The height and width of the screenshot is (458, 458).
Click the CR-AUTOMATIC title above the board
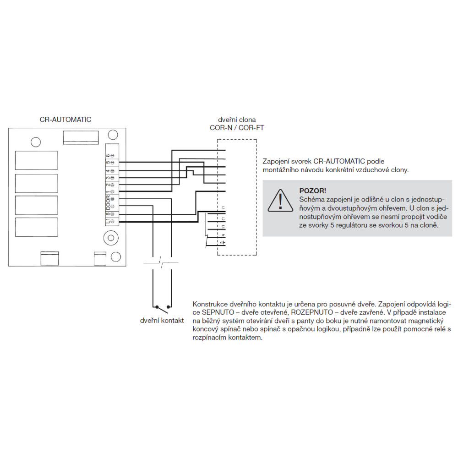click(65, 120)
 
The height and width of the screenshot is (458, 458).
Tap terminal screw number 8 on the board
click(112, 156)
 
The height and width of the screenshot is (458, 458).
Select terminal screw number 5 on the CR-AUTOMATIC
click(112, 163)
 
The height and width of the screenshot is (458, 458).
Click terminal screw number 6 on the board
click(112, 215)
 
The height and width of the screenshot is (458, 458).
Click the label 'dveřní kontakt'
click(162, 320)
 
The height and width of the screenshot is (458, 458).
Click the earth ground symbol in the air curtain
click(223, 243)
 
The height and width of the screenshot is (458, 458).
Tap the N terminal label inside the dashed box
click(223, 235)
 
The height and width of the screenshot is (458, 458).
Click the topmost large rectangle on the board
click(36, 161)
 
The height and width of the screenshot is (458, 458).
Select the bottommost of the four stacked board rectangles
click(36, 228)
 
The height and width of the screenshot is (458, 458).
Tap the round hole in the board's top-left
click(34, 142)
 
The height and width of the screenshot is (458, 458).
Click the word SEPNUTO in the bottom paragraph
click(209, 312)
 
